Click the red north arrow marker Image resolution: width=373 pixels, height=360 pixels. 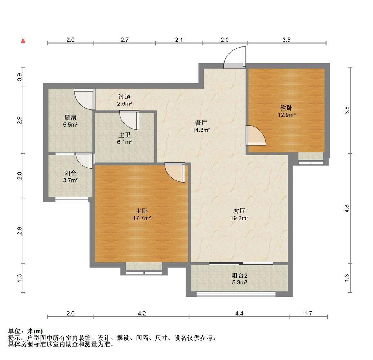(x=23, y=41)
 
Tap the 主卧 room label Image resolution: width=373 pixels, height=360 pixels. (x=142, y=211)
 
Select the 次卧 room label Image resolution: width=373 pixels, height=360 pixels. (x=287, y=108)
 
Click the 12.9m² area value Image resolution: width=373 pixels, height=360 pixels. (x=287, y=115)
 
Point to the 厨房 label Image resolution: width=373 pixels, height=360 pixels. (x=70, y=118)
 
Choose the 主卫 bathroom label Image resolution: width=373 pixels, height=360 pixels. (x=125, y=135)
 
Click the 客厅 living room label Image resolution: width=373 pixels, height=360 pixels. (x=239, y=211)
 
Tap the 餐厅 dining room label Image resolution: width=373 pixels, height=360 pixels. (x=201, y=123)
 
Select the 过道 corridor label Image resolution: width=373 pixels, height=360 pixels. (x=125, y=96)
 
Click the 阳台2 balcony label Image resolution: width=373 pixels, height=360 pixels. (x=240, y=275)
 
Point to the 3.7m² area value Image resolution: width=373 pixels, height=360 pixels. (x=70, y=180)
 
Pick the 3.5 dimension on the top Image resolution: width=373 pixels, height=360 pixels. (x=287, y=40)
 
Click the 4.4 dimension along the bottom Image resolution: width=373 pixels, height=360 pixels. (x=239, y=314)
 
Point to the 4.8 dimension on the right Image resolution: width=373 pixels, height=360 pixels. (x=347, y=209)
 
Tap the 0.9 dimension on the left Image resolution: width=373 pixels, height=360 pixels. (x=19, y=77)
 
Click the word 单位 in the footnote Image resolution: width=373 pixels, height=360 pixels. (x=14, y=331)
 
